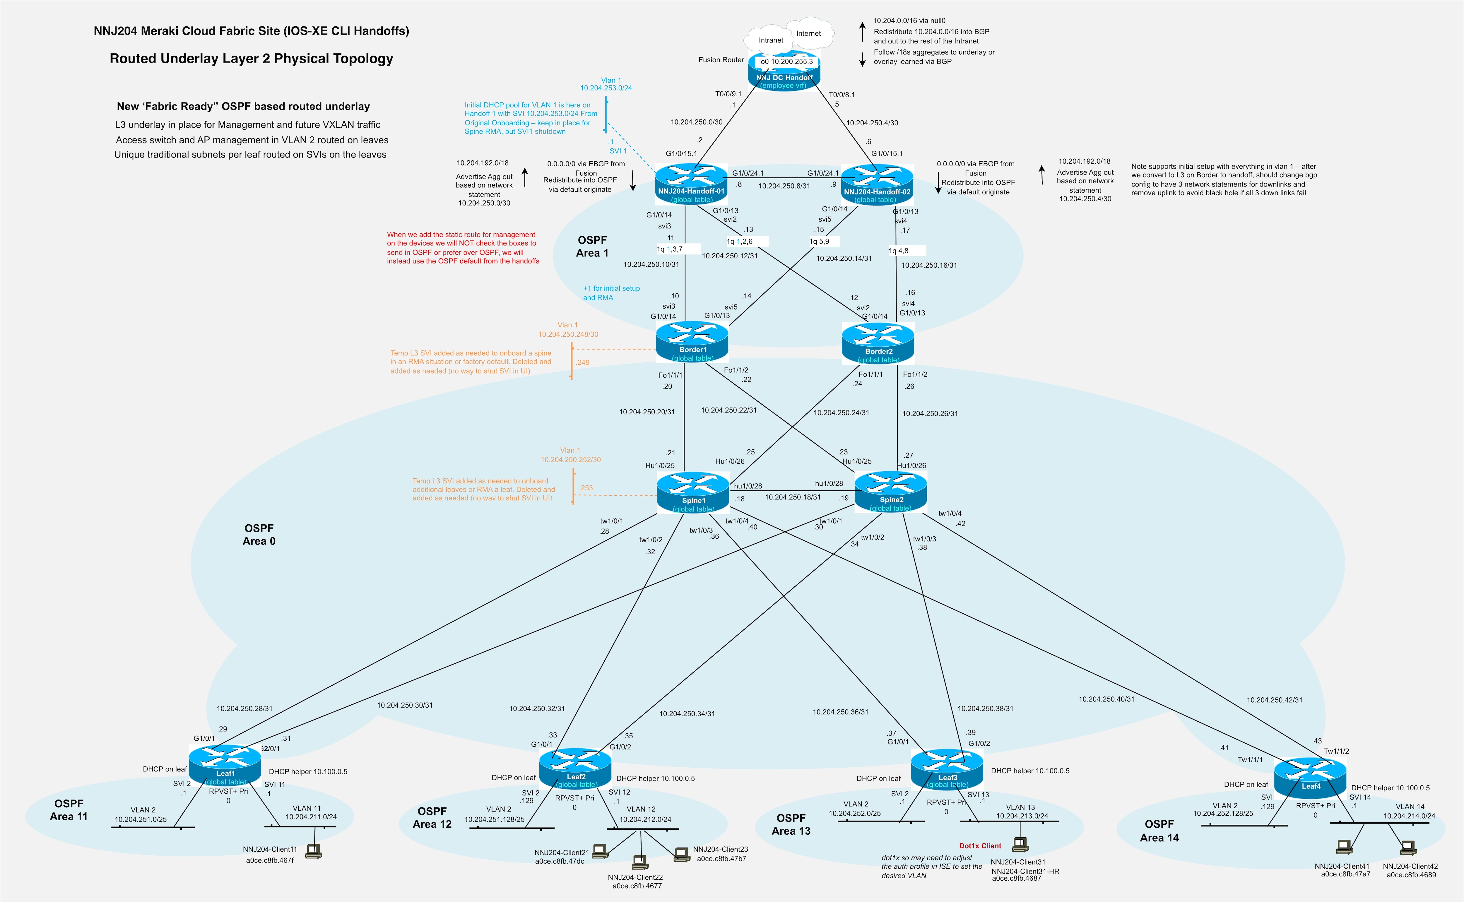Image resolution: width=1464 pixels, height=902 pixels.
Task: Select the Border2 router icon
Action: click(x=878, y=343)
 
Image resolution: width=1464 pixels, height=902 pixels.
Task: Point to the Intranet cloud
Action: click(x=771, y=41)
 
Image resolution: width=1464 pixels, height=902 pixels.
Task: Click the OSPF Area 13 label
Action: click(x=791, y=824)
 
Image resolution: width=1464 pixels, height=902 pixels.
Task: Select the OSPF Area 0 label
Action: click(x=259, y=535)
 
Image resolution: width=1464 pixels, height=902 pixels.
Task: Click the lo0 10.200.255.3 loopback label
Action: click(x=786, y=61)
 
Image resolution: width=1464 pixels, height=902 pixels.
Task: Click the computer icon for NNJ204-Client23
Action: click(x=681, y=854)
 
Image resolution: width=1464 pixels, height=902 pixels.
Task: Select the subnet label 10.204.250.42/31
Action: click(x=1274, y=700)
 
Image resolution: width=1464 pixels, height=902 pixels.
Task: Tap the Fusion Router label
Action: click(x=721, y=60)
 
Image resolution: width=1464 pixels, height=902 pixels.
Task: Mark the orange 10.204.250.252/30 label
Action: click(x=571, y=459)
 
